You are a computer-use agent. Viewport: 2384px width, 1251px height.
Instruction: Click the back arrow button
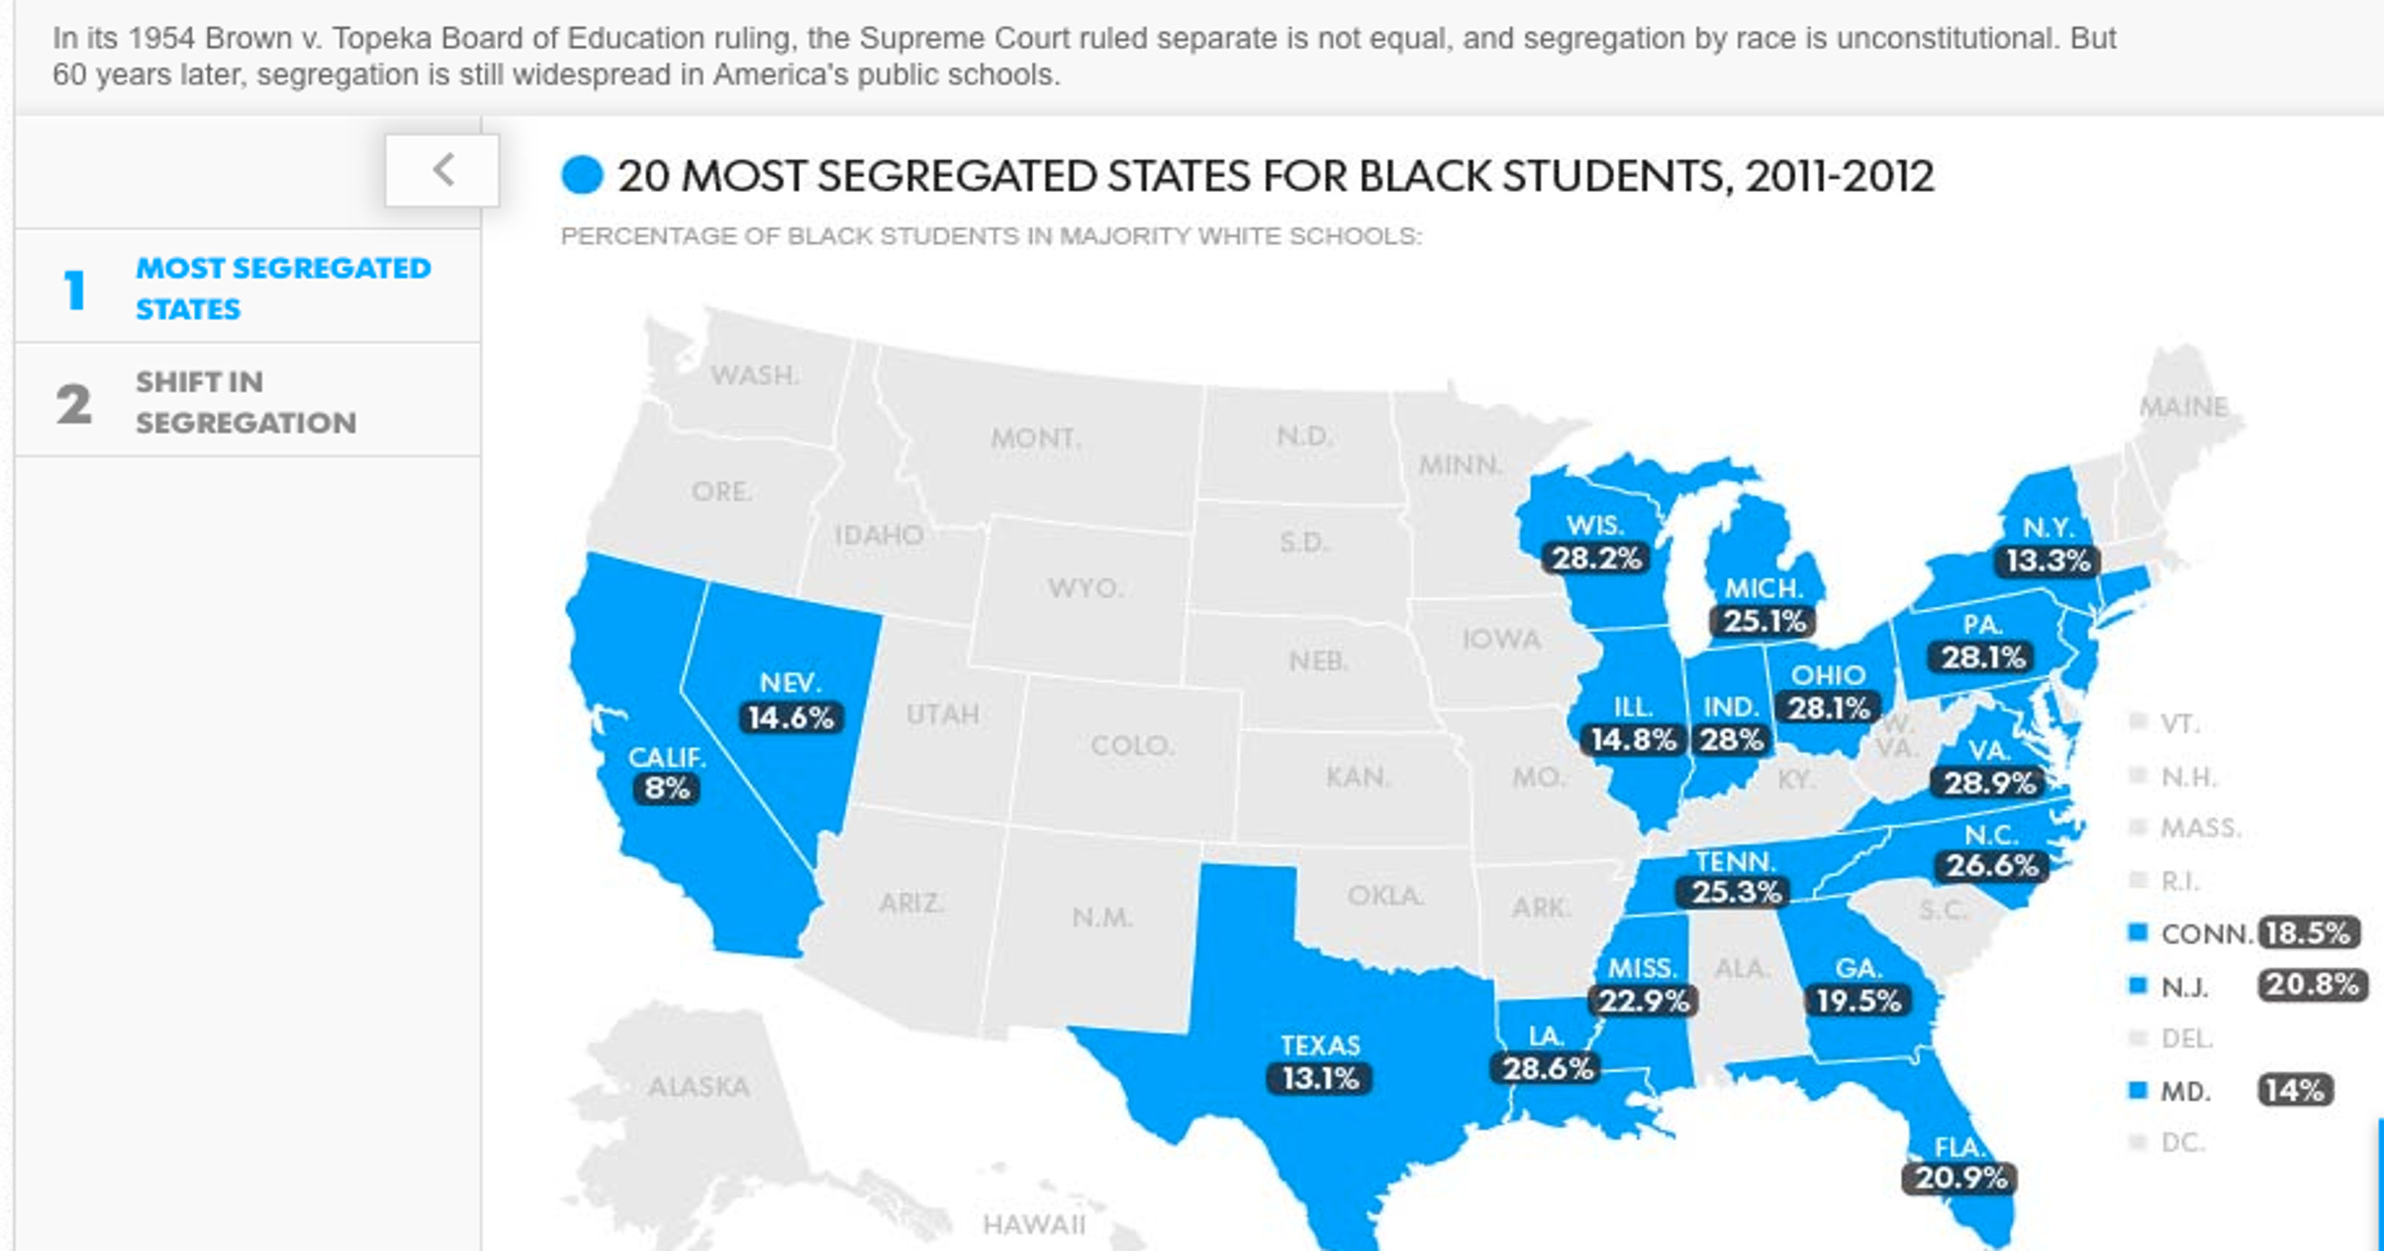(443, 171)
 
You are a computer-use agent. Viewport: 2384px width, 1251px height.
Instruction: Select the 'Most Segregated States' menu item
(282, 287)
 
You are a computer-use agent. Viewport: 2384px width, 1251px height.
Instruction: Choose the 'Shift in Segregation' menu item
(245, 401)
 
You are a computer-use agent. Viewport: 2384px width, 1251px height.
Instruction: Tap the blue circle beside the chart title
(582, 176)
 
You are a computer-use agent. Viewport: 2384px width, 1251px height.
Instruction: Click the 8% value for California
(666, 789)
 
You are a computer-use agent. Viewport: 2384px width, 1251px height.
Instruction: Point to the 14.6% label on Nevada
(791, 718)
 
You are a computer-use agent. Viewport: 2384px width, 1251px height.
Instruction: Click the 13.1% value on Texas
(1319, 1079)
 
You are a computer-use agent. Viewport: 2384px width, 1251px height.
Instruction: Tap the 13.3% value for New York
(2047, 561)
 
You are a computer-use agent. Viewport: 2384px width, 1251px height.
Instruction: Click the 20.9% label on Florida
(1960, 1179)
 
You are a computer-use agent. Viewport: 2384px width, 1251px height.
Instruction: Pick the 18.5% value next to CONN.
(2308, 933)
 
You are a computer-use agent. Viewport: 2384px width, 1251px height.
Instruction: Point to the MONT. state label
(1036, 438)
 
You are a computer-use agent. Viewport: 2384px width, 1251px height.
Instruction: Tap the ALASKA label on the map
(699, 1086)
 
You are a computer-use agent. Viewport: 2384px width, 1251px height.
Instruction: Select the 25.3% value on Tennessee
(1736, 892)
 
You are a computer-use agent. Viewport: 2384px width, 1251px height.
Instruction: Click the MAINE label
(2183, 407)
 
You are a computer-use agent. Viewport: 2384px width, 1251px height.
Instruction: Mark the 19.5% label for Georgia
(1858, 1001)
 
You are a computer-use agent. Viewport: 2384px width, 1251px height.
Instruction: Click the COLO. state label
(1132, 746)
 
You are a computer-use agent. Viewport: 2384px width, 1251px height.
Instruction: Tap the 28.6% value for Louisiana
(1547, 1069)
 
